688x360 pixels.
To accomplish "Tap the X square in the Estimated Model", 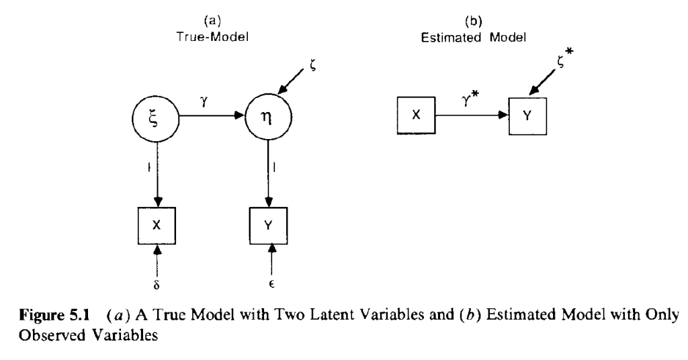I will click(x=416, y=115).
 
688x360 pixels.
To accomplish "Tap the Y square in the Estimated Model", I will click(x=528, y=115).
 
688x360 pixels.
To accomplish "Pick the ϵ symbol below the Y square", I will click(x=270, y=275).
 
